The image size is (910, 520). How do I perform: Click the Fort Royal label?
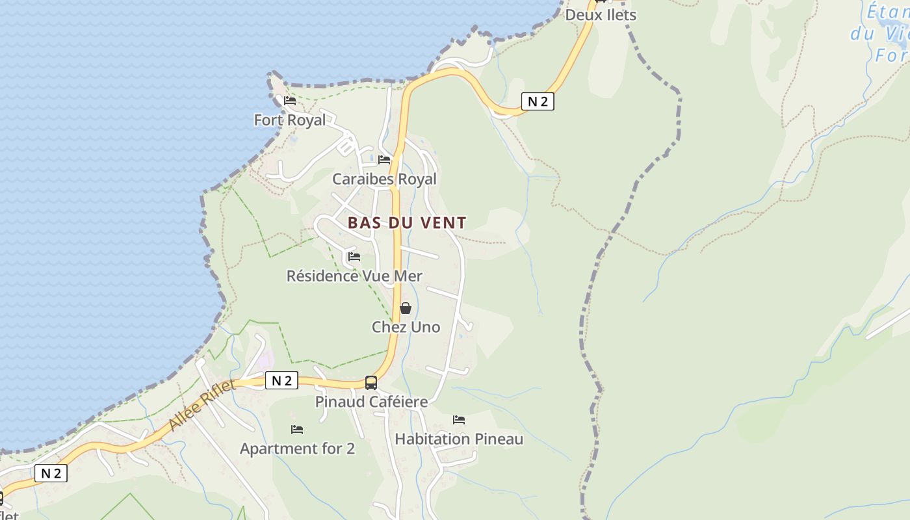click(x=289, y=120)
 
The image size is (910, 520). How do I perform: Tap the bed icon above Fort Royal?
click(x=290, y=101)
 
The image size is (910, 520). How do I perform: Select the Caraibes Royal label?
click(x=384, y=179)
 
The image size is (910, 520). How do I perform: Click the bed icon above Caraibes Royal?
click(x=384, y=160)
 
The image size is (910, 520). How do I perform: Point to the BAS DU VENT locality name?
click(x=407, y=223)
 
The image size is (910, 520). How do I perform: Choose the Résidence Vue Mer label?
click(x=354, y=276)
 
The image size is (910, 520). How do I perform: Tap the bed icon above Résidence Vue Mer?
click(x=354, y=257)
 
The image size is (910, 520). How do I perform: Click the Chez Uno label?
click(x=406, y=327)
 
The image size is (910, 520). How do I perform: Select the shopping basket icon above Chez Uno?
click(x=406, y=308)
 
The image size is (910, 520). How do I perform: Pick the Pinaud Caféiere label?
click(x=371, y=402)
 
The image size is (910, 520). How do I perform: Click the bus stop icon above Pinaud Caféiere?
click(x=371, y=383)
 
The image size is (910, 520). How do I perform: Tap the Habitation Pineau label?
click(x=459, y=439)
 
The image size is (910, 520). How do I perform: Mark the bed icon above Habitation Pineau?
click(x=459, y=420)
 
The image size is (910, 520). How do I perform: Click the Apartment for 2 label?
click(x=297, y=448)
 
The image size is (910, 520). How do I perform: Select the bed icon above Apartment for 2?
click(x=297, y=430)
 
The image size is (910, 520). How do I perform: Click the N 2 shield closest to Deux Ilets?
click(x=538, y=101)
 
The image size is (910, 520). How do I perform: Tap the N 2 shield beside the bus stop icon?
click(x=281, y=381)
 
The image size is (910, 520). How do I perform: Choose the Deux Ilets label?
click(x=600, y=15)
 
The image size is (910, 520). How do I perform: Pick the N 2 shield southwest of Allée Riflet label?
click(x=51, y=473)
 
